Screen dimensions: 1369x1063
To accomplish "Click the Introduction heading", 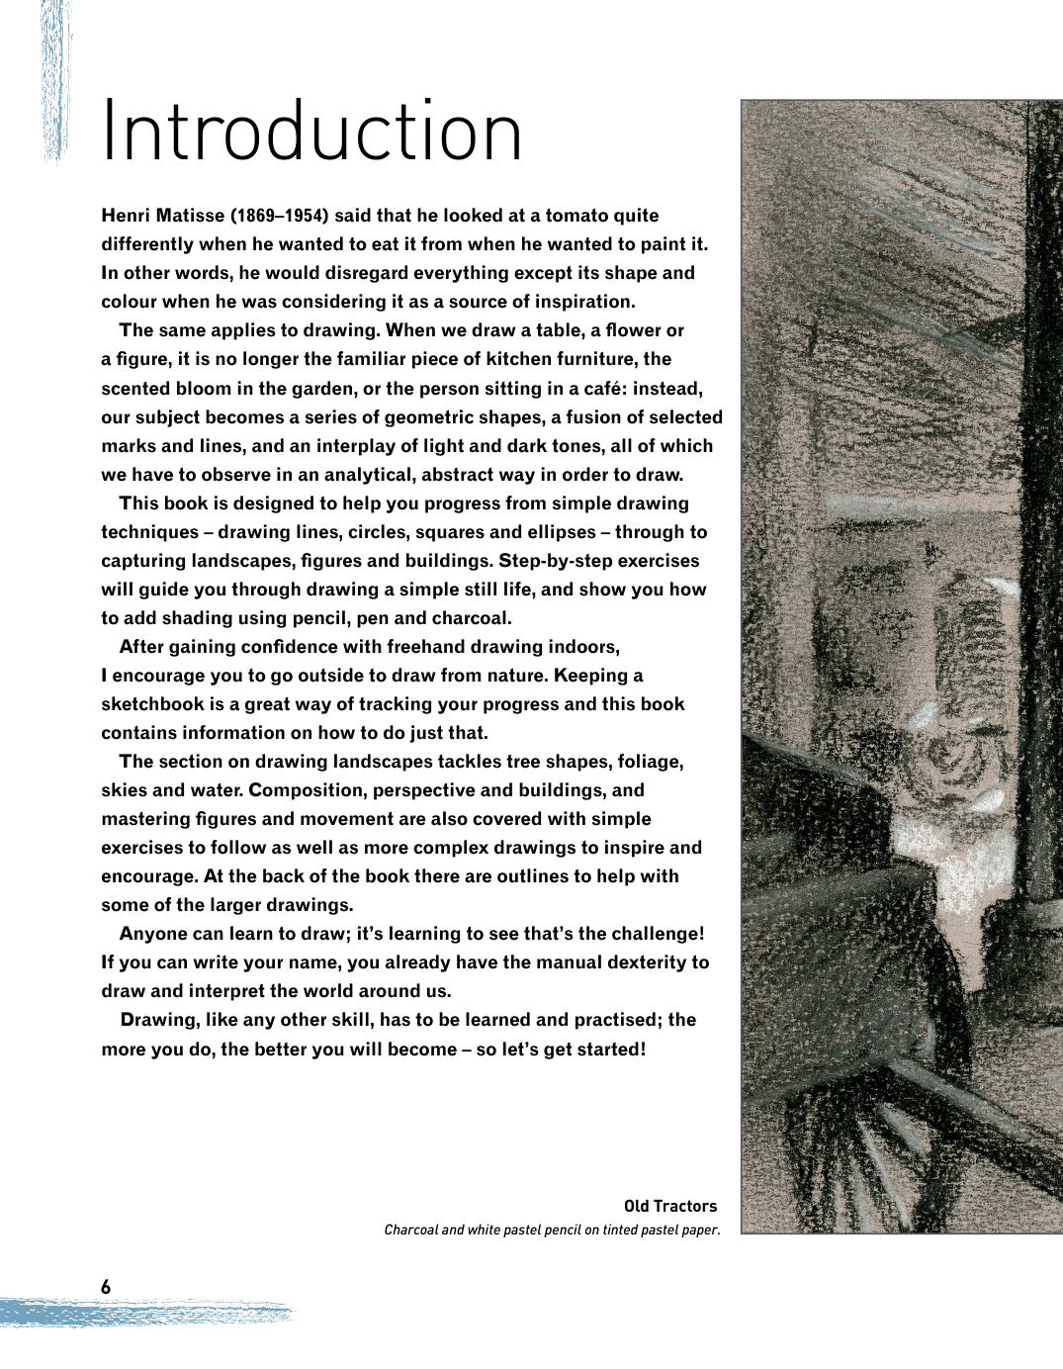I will tap(311, 132).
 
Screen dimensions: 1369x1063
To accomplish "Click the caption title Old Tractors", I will tap(670, 1206).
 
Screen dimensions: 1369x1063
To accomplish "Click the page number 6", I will tap(106, 1287).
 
